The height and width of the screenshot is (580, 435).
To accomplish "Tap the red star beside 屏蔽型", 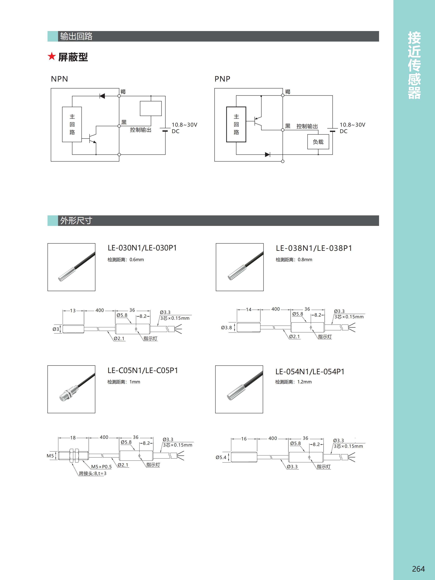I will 52,56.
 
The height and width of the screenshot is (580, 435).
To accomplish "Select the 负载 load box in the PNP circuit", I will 318,142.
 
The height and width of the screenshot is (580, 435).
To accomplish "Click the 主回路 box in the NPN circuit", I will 72,124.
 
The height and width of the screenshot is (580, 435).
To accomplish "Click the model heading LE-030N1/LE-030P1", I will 142,248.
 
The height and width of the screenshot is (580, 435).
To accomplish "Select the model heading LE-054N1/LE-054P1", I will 310,371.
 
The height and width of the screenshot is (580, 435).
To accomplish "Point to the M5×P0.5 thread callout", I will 101,467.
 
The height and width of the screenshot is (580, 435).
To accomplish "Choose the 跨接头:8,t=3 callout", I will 93,473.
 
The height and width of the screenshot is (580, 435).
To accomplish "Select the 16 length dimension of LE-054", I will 244,439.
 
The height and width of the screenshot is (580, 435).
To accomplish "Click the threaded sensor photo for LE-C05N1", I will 71,389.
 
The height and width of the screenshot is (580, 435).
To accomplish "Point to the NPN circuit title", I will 59,79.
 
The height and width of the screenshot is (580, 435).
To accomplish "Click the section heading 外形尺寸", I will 76,220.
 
